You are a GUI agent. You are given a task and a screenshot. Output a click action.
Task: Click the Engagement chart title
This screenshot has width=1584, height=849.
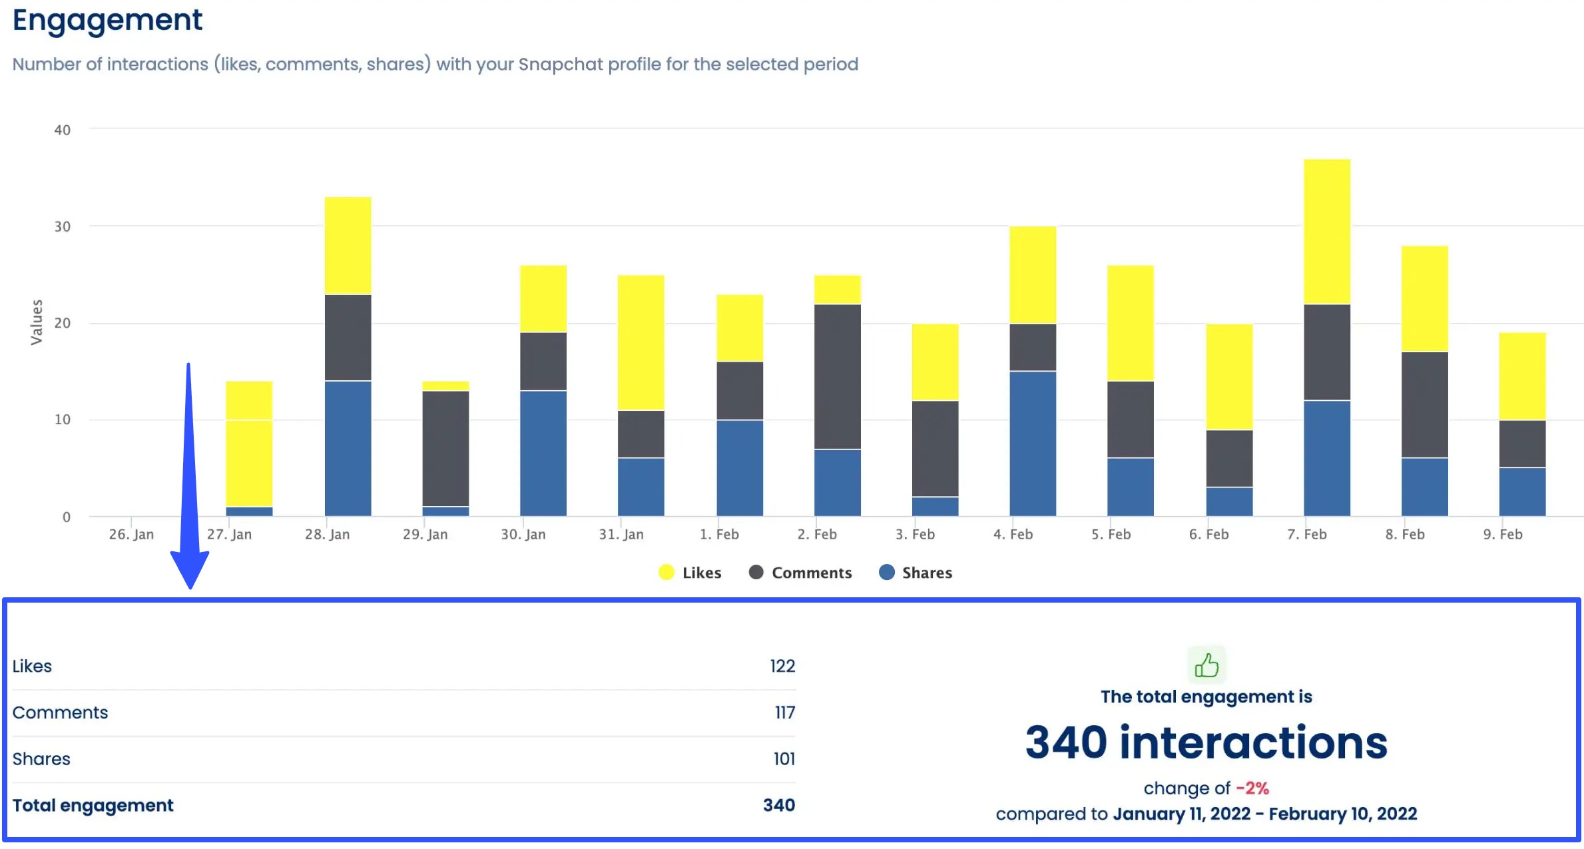coord(107,20)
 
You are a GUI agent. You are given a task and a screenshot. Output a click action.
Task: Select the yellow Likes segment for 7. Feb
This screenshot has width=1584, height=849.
coord(1326,231)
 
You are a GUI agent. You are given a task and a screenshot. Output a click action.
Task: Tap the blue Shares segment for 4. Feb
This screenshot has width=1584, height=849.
coord(1032,443)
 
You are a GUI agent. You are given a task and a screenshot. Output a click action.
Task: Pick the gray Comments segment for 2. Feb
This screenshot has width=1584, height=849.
coord(837,376)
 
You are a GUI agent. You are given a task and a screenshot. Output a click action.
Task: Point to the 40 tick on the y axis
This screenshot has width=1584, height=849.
coord(63,130)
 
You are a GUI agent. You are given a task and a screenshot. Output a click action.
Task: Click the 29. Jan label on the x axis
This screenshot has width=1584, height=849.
coord(425,534)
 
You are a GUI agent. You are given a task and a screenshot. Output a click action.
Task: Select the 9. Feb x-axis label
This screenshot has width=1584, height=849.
coord(1502,534)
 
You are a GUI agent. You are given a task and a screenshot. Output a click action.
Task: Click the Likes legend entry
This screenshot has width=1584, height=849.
coord(690,573)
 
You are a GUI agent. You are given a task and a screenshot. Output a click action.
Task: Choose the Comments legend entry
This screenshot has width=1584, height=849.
coord(800,573)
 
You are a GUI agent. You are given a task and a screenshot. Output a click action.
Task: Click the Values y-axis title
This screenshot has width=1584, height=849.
coord(37,322)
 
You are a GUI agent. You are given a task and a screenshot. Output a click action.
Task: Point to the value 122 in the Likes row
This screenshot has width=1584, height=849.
coord(782,666)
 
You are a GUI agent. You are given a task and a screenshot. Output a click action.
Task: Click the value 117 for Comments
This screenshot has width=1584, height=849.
coord(784,712)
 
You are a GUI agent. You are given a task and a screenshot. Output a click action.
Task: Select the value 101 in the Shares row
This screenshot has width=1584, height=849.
coord(784,759)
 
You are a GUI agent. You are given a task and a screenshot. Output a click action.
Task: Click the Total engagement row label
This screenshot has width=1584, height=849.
coord(93,806)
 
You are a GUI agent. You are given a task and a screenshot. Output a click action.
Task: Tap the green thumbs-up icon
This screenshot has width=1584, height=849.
coord(1206,665)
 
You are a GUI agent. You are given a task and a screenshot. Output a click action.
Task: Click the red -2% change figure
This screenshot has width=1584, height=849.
coord(1252,788)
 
